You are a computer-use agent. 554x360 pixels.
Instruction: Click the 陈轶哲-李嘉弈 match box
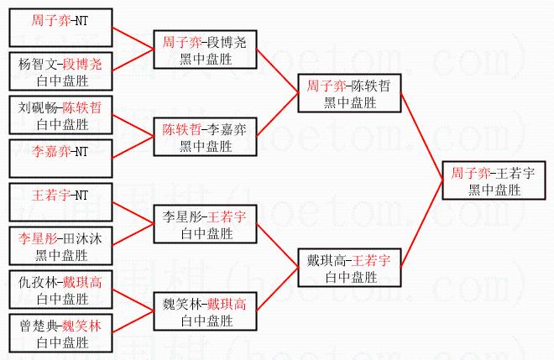pos(204,136)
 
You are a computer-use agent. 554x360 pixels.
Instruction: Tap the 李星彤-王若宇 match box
pos(204,223)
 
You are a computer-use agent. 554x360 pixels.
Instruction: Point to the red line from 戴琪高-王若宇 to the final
pos(421,230)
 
